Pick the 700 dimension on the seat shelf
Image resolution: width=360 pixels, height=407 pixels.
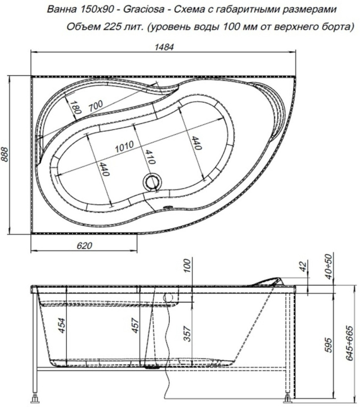(x=96, y=106)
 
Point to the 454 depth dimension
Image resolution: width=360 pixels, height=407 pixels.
(x=62, y=325)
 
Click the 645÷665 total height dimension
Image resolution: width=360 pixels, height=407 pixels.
(x=350, y=342)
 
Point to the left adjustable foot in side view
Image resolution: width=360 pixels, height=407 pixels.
(x=36, y=398)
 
